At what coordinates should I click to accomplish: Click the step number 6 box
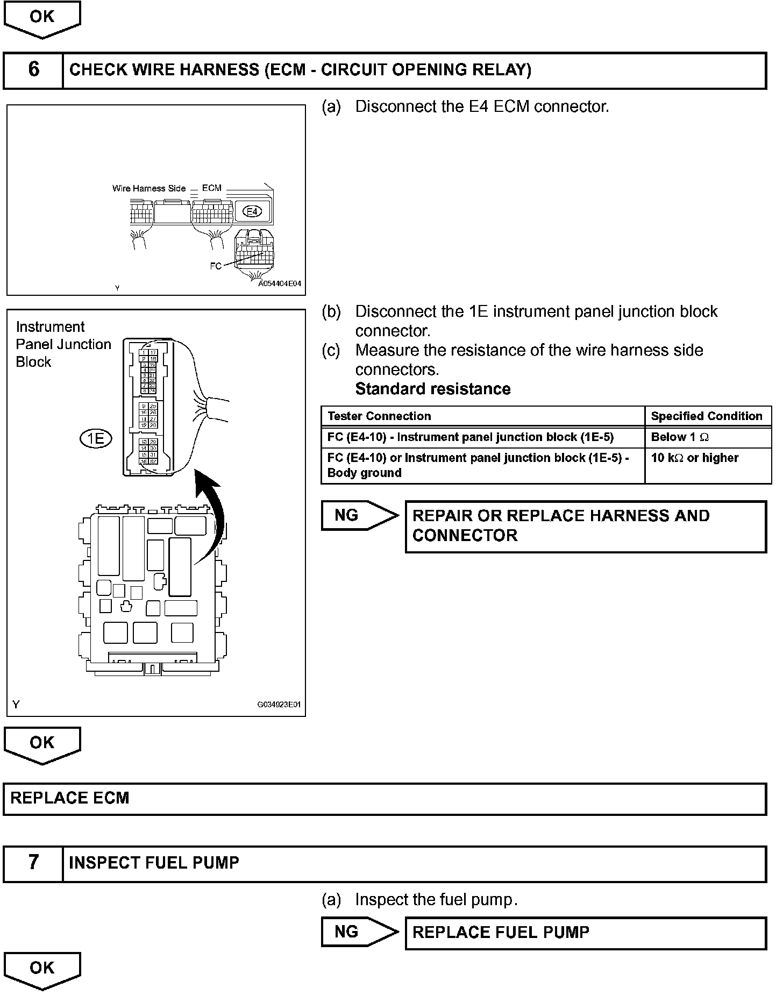coord(33,70)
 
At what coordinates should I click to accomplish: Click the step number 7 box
coord(33,862)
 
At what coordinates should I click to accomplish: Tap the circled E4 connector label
coord(252,211)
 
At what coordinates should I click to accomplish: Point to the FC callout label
coord(215,266)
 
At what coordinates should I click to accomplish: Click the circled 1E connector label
coord(96,439)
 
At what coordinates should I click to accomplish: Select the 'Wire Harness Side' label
coord(148,188)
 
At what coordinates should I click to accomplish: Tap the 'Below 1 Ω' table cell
coord(680,437)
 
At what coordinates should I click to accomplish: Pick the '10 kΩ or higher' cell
coord(694,458)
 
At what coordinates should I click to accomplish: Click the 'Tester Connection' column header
coord(379,416)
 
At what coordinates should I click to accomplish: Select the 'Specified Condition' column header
coord(706,416)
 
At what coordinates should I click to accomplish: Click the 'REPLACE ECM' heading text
coord(70,798)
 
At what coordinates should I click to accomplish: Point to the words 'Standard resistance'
coord(433,389)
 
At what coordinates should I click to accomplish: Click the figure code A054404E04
coord(280,283)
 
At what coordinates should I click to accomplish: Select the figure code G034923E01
coord(279,704)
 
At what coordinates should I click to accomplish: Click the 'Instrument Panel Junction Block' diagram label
coord(63,344)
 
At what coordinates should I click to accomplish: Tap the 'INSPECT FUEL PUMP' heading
coord(154,862)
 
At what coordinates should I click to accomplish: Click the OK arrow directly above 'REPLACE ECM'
coord(42,744)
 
